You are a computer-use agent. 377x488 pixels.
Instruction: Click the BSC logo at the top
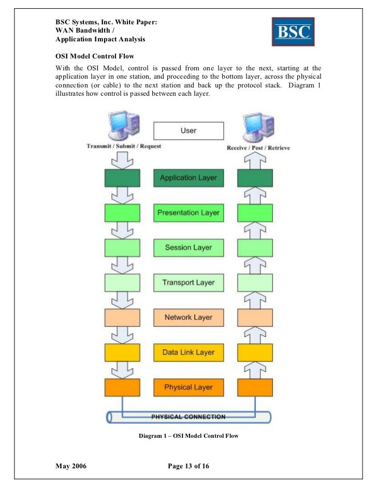tap(293, 32)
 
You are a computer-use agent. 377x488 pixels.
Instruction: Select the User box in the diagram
tap(188, 130)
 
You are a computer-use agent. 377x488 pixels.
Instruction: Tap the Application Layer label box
tap(188, 178)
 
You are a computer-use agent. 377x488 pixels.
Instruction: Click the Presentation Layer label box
tap(188, 213)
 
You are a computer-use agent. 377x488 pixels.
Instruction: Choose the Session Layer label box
tap(188, 247)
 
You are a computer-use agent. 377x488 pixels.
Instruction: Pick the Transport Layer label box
tap(188, 283)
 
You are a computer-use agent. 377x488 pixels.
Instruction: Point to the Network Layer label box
tap(188, 317)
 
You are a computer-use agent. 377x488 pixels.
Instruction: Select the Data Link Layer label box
tap(188, 352)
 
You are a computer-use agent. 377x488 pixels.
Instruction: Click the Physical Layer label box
tap(188, 387)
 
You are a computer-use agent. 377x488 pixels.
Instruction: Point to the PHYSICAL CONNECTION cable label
tap(188, 417)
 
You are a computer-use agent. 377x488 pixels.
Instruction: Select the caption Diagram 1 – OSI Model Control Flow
tap(189, 436)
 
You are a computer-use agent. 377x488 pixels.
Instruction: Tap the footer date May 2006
tap(71, 467)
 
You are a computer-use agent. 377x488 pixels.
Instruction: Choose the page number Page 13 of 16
tap(189, 467)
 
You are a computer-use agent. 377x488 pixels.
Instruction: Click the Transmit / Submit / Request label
tap(124, 146)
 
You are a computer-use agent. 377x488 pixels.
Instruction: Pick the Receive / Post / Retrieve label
tap(258, 148)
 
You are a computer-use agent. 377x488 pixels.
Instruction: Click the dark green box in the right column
tap(255, 178)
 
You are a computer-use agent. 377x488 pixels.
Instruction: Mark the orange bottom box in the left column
tap(122, 387)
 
